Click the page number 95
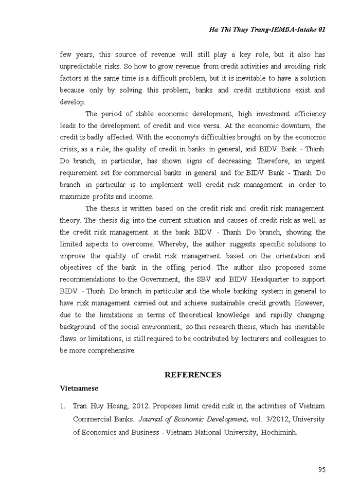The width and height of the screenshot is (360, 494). tap(321, 469)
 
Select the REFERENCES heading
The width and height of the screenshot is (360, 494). tap(193, 375)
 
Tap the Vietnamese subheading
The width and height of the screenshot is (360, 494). tap(79, 388)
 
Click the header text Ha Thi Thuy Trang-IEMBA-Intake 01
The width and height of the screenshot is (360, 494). tap(267, 29)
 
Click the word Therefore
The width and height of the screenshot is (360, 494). tap(275, 161)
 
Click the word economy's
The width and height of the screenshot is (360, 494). tap(185, 137)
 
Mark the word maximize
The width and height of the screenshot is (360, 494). tap(76, 197)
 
